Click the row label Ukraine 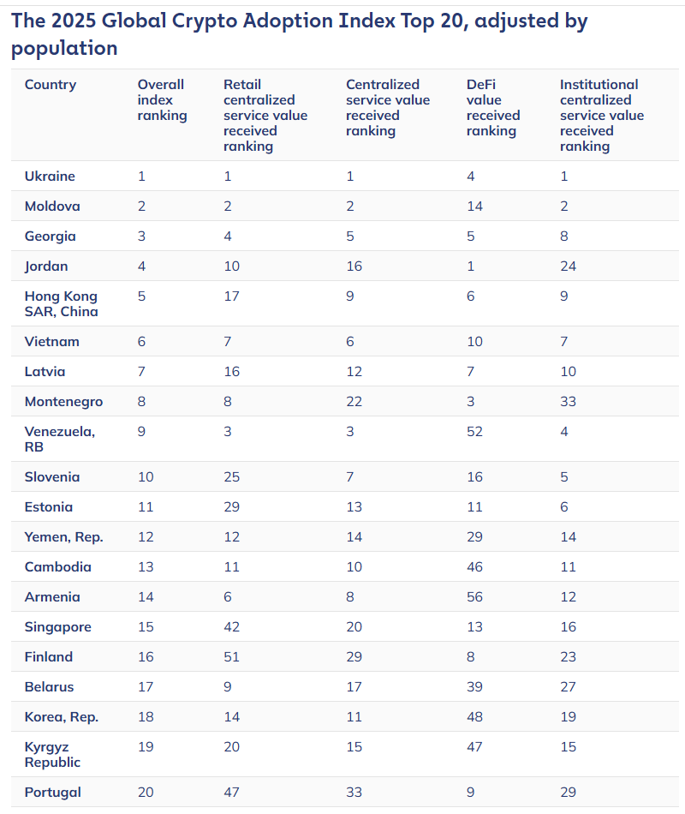50,176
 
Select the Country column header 51,85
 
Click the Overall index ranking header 162,99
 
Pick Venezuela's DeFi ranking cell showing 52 474,431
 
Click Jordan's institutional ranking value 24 568,266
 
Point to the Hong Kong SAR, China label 62,303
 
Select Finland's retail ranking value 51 231,656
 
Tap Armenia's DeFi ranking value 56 474,596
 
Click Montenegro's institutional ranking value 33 568,401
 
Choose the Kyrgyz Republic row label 52,754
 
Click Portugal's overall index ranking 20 146,793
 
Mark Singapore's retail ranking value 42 231,626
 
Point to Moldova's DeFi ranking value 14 474,206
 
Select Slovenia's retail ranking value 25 231,477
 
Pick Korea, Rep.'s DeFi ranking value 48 474,717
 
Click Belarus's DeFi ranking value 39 474,687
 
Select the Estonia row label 48,506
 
